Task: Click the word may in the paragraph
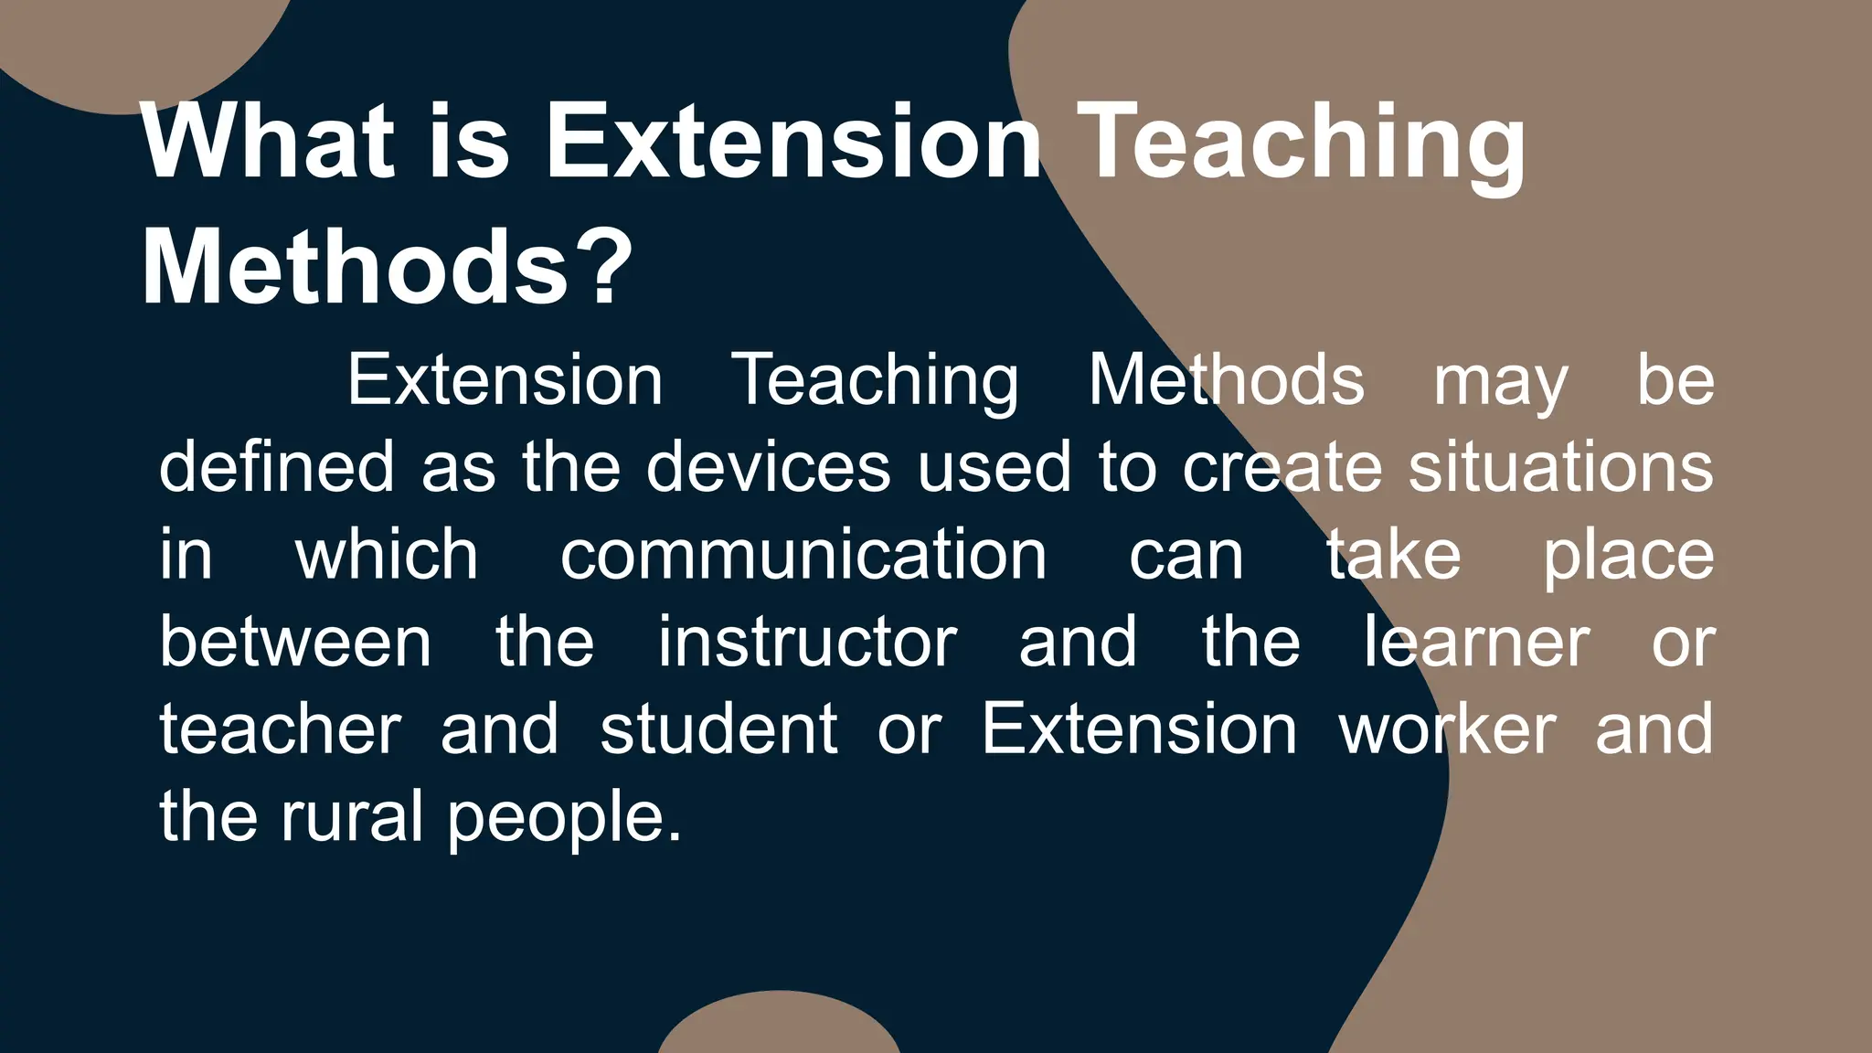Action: click(1500, 382)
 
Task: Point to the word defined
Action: click(276, 466)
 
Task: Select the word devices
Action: click(768, 466)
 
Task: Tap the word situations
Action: click(1560, 466)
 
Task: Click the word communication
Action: click(803, 554)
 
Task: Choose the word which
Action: click(387, 554)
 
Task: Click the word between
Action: click(295, 642)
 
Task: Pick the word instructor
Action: click(807, 642)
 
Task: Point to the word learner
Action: click(1476, 642)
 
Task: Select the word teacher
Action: click(280, 729)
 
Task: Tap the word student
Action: click(718, 729)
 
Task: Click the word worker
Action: click(1447, 729)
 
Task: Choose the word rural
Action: click(352, 816)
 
